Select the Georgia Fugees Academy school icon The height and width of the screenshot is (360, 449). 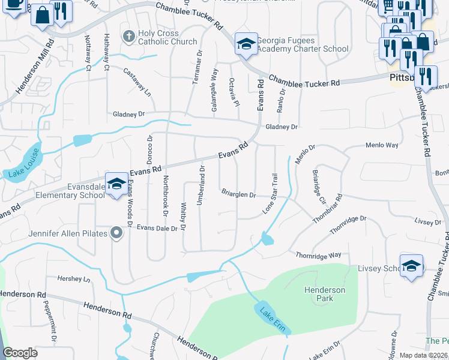tap(246, 44)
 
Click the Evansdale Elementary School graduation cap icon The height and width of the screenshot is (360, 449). tap(116, 183)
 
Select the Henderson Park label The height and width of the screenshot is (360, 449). tap(325, 294)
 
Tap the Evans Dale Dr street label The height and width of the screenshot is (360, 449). tap(157, 228)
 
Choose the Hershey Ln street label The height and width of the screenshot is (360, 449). tap(73, 279)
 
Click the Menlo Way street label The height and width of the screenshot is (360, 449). tap(382, 145)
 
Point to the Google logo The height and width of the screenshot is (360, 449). tap(20, 353)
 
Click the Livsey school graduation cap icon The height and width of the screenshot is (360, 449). tap(411, 266)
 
